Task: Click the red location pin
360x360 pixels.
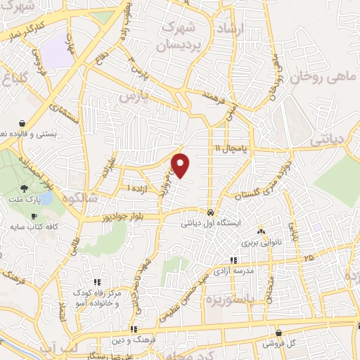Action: click(x=181, y=165)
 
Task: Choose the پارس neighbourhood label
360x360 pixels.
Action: click(x=135, y=95)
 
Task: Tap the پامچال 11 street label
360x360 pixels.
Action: click(x=233, y=148)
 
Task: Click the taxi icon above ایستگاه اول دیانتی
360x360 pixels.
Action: click(x=211, y=212)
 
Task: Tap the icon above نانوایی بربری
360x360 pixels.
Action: click(x=261, y=231)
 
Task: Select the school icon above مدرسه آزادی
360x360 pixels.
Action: click(x=253, y=261)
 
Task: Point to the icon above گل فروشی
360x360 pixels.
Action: click(x=279, y=333)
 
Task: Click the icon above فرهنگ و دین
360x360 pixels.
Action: click(x=133, y=329)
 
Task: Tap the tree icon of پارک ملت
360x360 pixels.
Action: click(x=25, y=188)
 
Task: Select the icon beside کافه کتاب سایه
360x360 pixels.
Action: click(x=34, y=216)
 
